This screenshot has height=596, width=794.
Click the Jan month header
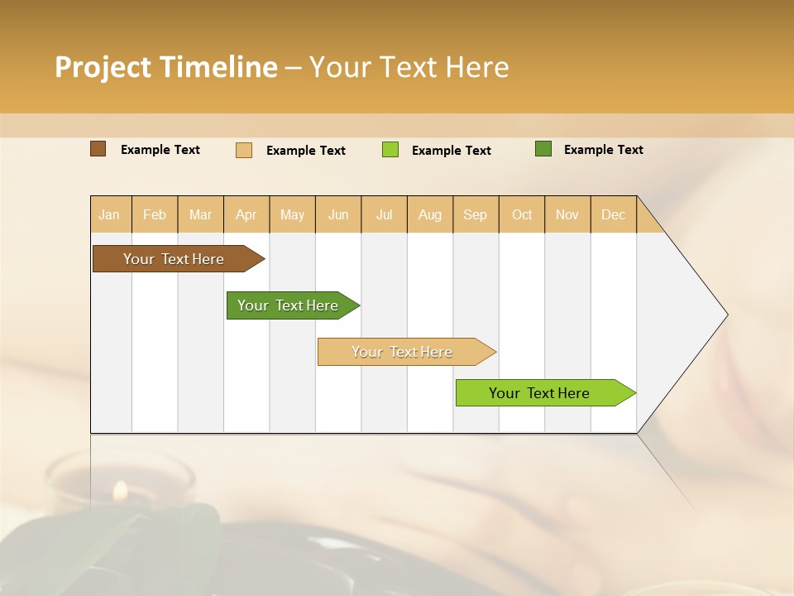pos(109,214)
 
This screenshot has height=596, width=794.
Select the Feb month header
pos(155,214)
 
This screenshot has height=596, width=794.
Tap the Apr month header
pos(246,214)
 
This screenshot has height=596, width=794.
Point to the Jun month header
pos(338,214)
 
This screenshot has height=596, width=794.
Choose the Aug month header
pos(429,214)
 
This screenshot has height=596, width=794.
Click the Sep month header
pos(475,214)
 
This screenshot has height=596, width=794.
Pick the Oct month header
pos(522,214)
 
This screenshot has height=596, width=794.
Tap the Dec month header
pos(613,214)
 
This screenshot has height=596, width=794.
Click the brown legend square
pos(98,149)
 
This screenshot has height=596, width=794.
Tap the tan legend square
pos(244,150)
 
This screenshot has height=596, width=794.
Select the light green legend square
pos(390,150)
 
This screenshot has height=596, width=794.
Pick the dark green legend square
pos(543,149)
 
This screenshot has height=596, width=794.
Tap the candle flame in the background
pos(120,490)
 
